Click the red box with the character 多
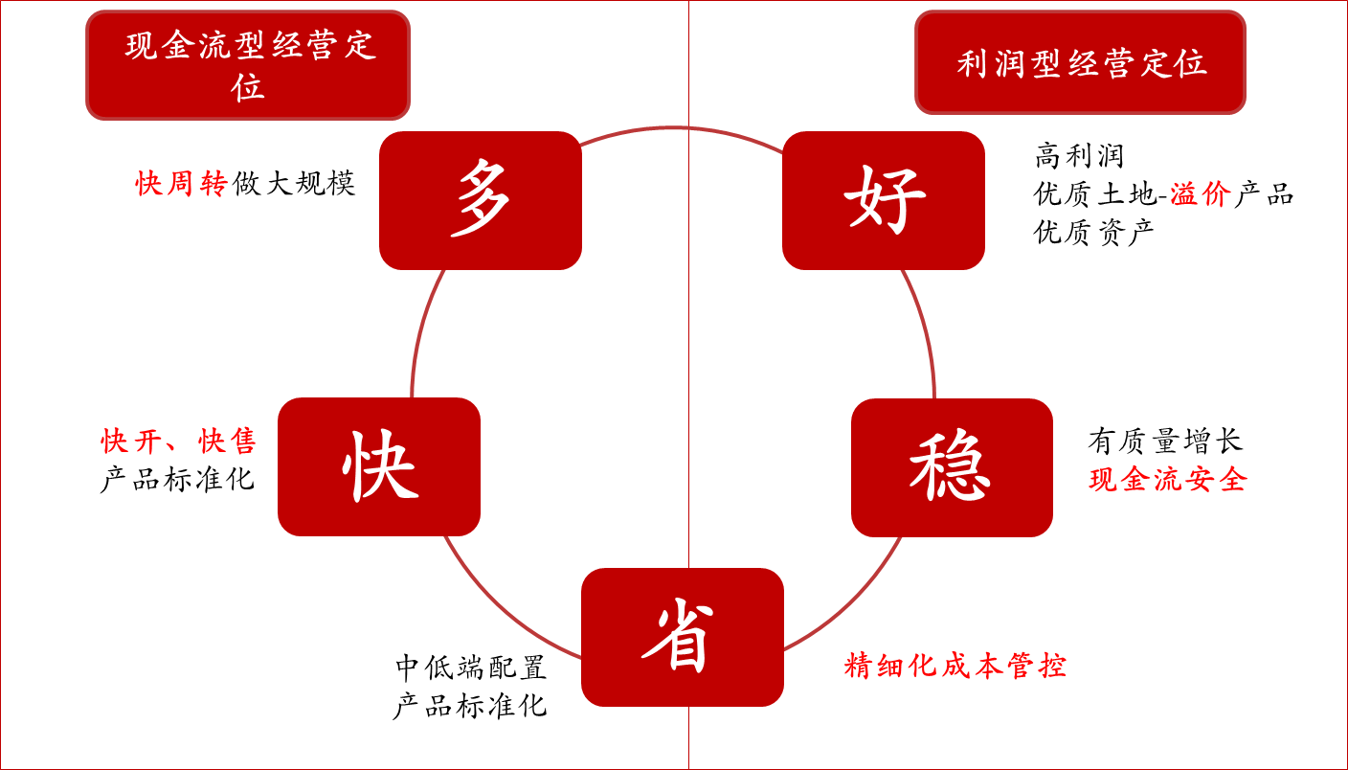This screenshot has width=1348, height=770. point(481,200)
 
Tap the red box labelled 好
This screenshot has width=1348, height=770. point(883,200)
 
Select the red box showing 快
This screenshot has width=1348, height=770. point(379,466)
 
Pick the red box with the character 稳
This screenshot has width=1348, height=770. point(952,467)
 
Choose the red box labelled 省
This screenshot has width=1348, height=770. point(682,637)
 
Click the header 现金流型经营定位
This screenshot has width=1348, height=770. point(248,65)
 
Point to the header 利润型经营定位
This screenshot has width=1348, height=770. point(1080,63)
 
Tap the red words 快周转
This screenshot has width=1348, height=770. point(181,183)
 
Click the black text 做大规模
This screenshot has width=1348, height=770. point(293,183)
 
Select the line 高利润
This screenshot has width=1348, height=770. point(1079,155)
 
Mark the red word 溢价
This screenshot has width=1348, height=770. point(1200,193)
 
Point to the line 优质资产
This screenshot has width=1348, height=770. point(1094,232)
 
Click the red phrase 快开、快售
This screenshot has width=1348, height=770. point(179,441)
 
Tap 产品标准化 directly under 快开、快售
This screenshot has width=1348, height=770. point(178,478)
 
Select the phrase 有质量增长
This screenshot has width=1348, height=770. point(1165,441)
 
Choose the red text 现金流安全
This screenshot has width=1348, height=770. point(1168,479)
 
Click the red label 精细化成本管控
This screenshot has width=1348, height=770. point(955,666)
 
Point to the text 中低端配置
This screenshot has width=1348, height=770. point(470,667)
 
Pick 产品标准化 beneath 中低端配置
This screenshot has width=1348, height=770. point(470,706)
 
